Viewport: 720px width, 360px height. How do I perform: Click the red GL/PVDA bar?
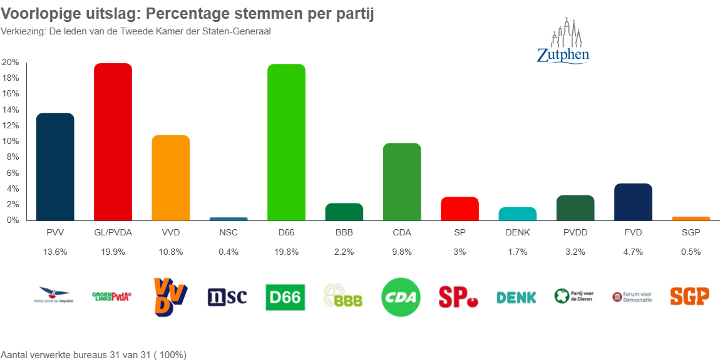tap(113, 142)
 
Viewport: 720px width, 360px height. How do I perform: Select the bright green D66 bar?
tap(286, 142)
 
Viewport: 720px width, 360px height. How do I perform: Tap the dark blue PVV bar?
tap(55, 167)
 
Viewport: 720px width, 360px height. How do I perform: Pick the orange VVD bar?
tap(170, 178)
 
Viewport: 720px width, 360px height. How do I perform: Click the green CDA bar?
tap(401, 182)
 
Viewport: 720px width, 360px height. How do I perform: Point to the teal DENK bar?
tap(517, 213)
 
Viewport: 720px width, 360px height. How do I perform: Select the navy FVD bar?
tap(632, 202)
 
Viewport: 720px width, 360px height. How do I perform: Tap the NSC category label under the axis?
tap(228, 232)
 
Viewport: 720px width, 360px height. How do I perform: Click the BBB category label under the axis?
tap(344, 232)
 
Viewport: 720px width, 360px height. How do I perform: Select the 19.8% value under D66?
tap(286, 252)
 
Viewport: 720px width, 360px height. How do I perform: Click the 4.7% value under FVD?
tap(632, 252)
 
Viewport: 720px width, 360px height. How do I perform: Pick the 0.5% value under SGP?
tap(690, 252)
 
